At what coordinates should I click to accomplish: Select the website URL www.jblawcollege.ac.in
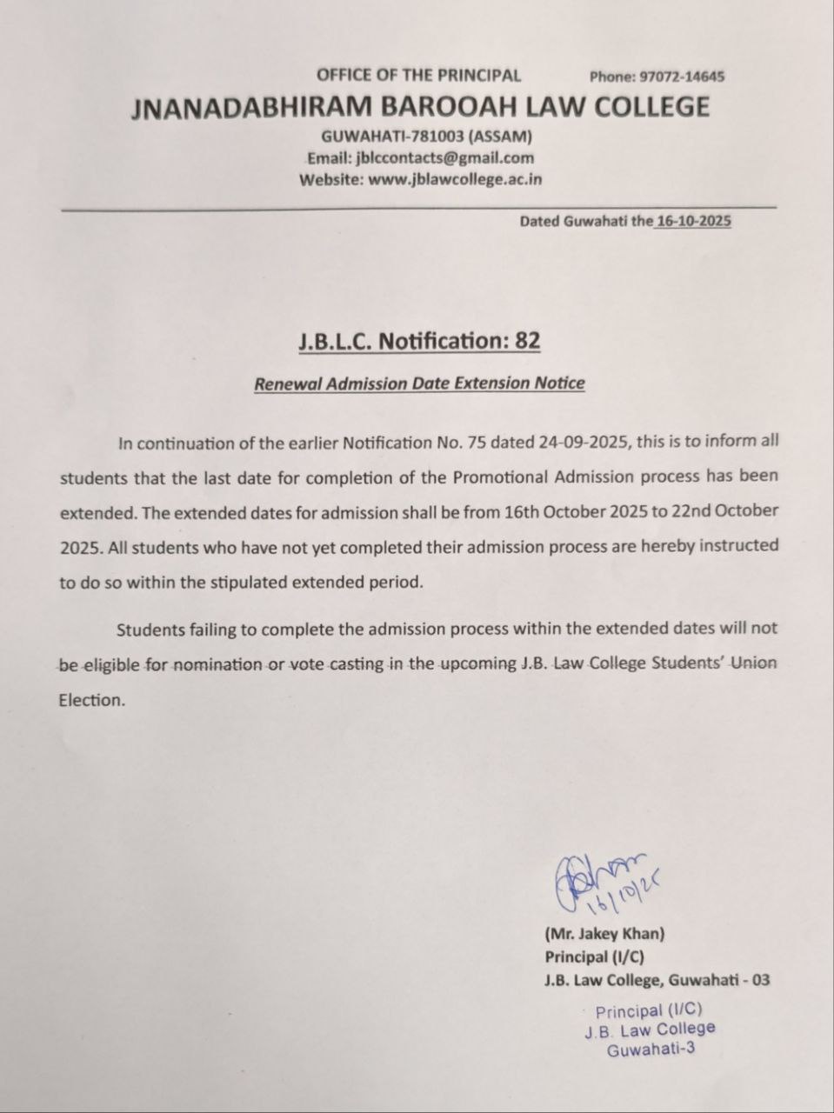pos(456,180)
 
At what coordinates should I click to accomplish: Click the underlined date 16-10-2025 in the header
pos(693,221)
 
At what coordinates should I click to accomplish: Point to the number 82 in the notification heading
pos(527,341)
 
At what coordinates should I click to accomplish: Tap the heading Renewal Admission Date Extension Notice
pos(419,383)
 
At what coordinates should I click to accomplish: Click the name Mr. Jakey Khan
pos(604,935)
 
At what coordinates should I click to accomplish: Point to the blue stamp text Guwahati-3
pos(651,1050)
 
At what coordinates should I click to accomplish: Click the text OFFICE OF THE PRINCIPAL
pos(418,75)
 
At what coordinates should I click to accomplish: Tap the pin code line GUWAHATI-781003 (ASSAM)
pos(426,137)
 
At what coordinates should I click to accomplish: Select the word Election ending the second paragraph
pos(91,700)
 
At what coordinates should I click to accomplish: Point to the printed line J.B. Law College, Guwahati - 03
pos(657,980)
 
